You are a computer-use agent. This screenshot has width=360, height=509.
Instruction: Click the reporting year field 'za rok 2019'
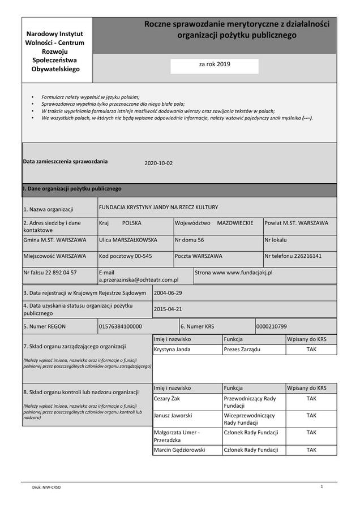click(215, 64)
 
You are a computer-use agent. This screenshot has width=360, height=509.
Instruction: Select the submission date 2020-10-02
click(158, 163)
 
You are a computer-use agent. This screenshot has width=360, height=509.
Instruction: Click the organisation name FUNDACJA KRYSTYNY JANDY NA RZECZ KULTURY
click(158, 207)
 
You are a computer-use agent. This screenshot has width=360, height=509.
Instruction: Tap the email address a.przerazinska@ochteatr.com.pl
click(139, 279)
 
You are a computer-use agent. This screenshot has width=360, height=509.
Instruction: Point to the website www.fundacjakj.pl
click(250, 273)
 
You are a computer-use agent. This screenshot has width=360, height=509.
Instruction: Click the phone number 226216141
click(308, 256)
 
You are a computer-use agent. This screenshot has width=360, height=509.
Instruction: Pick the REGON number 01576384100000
click(121, 326)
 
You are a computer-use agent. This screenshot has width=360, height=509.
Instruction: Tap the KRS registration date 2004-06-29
click(168, 293)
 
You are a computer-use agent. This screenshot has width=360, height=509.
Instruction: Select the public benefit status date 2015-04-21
click(168, 309)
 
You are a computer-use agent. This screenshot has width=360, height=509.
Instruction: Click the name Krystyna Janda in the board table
click(172, 350)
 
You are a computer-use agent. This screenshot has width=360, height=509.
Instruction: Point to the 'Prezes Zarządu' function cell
click(242, 350)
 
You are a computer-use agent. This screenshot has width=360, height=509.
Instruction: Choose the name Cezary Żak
click(168, 398)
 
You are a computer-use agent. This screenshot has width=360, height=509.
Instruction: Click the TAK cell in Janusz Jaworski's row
click(311, 415)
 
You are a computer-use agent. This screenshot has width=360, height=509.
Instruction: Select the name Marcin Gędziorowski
click(179, 450)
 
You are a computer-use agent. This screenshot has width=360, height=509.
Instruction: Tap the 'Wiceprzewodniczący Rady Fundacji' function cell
click(250, 419)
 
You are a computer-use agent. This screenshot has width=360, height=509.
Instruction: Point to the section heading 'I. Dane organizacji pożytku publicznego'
click(72, 189)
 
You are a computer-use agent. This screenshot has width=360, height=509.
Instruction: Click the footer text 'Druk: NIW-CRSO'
click(46, 487)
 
